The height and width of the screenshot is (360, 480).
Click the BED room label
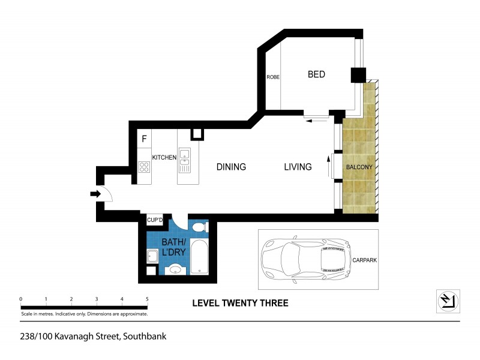(x=316, y=74)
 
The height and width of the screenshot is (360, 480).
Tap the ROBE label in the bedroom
(x=273, y=77)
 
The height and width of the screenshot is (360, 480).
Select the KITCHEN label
(x=164, y=157)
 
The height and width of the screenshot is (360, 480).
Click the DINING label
(x=231, y=167)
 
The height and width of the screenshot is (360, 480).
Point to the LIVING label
(x=298, y=167)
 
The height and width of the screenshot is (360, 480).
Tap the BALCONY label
(x=359, y=167)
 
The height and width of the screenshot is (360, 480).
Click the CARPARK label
(x=364, y=260)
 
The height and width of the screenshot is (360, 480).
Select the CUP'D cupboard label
(x=155, y=221)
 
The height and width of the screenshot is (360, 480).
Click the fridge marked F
(x=144, y=140)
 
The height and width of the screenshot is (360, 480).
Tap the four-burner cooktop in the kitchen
(x=144, y=167)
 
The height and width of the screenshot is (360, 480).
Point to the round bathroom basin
(x=175, y=269)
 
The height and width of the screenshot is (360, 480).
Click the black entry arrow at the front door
(x=95, y=194)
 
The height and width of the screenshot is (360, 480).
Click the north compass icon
(x=447, y=300)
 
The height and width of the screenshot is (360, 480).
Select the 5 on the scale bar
(x=147, y=299)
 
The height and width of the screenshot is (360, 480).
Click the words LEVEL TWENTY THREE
(x=240, y=303)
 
